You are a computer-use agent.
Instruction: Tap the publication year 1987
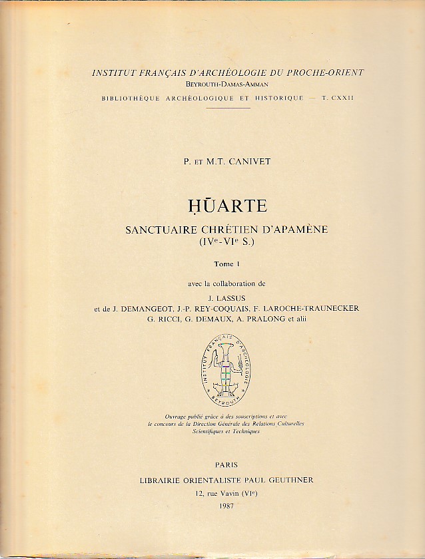click(x=226, y=506)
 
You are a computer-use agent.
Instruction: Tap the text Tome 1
click(x=226, y=264)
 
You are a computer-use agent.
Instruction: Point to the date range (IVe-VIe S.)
click(x=225, y=243)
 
